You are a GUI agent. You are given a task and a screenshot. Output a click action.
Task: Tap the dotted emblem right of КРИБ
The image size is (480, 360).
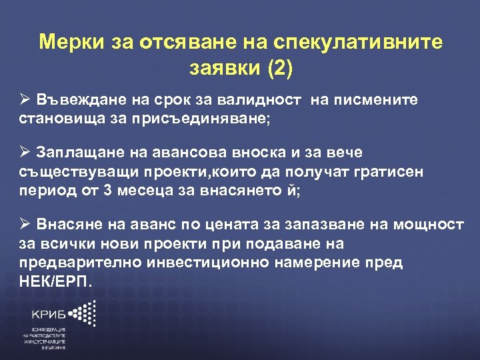coord(85,313)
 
